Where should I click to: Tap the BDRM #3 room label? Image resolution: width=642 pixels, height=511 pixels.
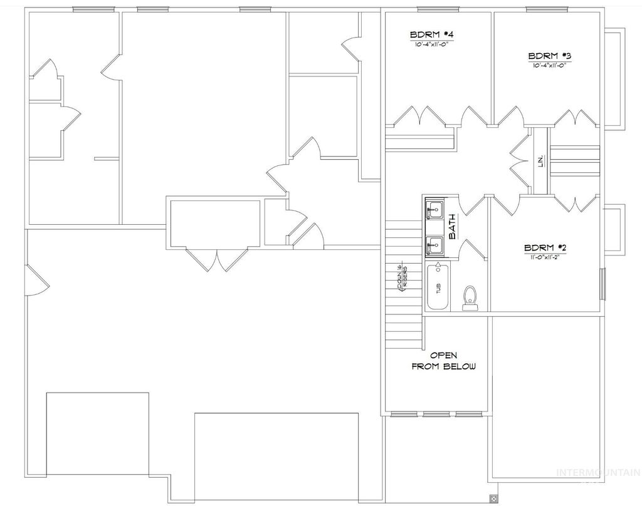click(x=549, y=55)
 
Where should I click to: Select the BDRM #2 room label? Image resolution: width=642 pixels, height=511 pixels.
click(x=545, y=247)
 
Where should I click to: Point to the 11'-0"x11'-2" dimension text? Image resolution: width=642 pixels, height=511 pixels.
click(x=545, y=256)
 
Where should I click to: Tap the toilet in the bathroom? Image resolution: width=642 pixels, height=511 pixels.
click(x=470, y=297)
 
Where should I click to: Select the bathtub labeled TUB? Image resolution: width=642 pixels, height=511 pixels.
click(x=438, y=287)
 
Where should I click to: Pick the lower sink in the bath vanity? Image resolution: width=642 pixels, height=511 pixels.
click(x=434, y=245)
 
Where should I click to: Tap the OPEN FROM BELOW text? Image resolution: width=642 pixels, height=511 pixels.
click(x=443, y=361)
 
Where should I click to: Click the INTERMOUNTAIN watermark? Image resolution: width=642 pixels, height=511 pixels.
click(x=598, y=473)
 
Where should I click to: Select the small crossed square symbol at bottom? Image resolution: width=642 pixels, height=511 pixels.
click(x=493, y=499)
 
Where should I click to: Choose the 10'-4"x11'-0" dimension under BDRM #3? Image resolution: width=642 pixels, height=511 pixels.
click(x=549, y=65)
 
